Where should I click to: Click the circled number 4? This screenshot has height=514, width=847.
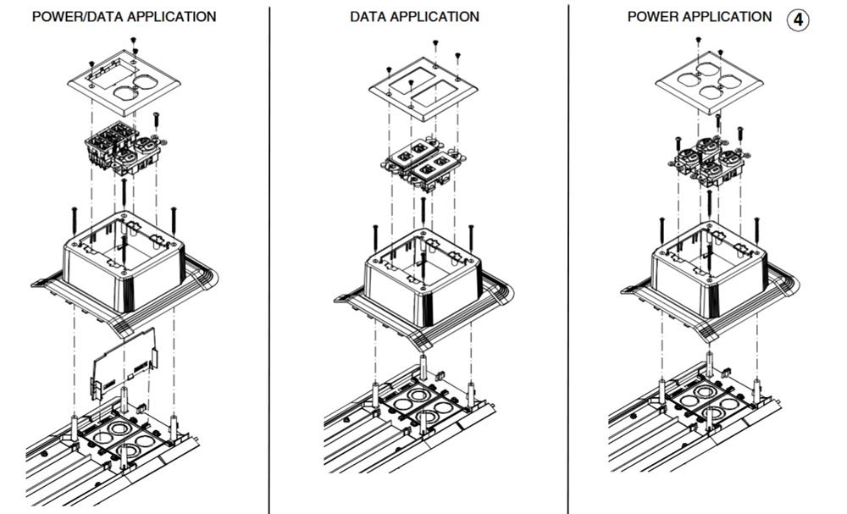click(x=799, y=19)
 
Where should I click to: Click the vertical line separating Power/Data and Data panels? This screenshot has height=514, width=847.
click(x=269, y=254)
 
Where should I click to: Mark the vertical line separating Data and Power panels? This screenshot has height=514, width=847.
click(x=568, y=254)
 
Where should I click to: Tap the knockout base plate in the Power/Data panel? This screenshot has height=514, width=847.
click(x=123, y=440)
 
